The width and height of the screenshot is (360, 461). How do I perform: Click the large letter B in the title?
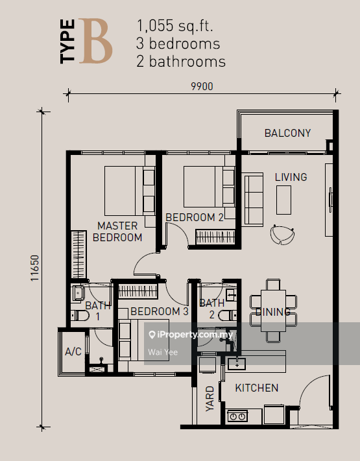[95, 41]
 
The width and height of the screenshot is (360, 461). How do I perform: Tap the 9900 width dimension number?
[202, 86]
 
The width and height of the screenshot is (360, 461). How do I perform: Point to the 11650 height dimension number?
[35, 268]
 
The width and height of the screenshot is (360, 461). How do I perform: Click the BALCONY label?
[287, 133]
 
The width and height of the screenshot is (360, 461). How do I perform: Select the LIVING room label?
[291, 177]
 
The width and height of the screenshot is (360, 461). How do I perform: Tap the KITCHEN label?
[256, 388]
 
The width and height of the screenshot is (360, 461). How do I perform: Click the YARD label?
[210, 399]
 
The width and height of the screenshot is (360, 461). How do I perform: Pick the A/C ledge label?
[73, 351]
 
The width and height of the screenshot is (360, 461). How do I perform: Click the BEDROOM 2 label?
[195, 217]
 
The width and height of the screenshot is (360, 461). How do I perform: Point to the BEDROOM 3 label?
[159, 311]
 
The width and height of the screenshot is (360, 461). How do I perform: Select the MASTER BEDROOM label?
[117, 231]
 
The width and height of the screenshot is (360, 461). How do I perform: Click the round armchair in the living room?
[282, 235]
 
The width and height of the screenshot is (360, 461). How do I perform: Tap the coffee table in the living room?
[283, 200]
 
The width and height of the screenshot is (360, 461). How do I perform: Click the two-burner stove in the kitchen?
[237, 416]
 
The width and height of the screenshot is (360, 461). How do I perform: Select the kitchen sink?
[237, 364]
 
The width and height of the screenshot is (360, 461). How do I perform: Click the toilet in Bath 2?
[228, 315]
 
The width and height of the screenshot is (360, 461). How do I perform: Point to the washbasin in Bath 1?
[78, 293]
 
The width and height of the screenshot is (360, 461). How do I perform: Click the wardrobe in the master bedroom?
[79, 255]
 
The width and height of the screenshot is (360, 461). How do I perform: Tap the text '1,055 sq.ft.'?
[174, 26]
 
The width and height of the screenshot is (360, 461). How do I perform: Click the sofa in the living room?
[252, 200]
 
